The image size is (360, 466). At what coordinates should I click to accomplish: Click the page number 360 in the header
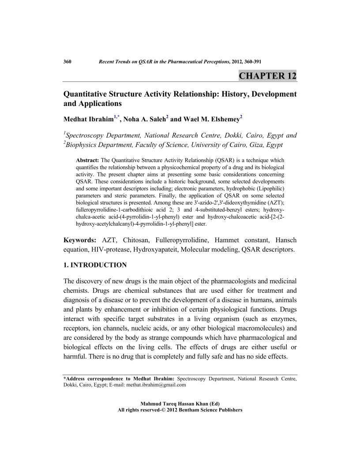67,61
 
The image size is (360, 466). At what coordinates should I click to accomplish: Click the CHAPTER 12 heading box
267,75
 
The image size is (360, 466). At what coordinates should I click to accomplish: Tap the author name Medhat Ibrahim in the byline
88,119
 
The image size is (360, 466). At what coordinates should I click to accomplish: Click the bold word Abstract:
88,160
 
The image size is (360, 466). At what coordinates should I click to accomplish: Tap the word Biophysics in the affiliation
83,144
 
